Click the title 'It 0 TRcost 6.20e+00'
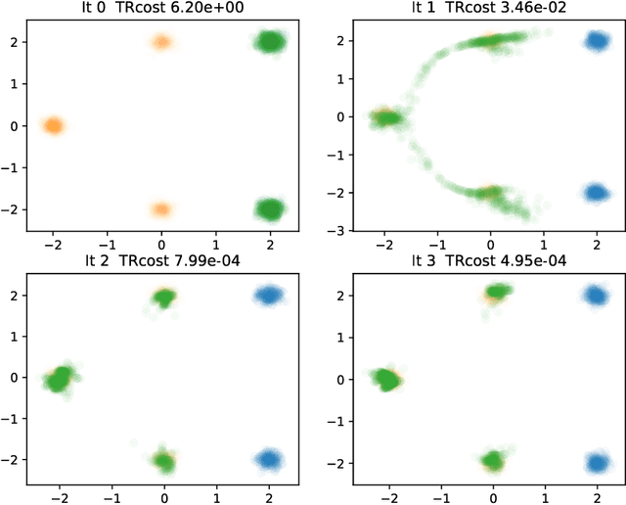pyautogui.click(x=161, y=9)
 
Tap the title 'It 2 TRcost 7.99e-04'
pyautogui.click(x=161, y=260)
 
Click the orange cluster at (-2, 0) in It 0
pyautogui.click(x=53, y=125)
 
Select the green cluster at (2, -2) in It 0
pyautogui.click(x=270, y=208)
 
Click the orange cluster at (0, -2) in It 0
pyautogui.click(x=161, y=208)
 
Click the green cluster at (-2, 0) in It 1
pyautogui.click(x=387, y=117)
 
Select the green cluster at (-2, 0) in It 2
pyautogui.click(x=61, y=378)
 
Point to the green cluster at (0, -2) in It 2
pyautogui.click(x=163, y=461)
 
